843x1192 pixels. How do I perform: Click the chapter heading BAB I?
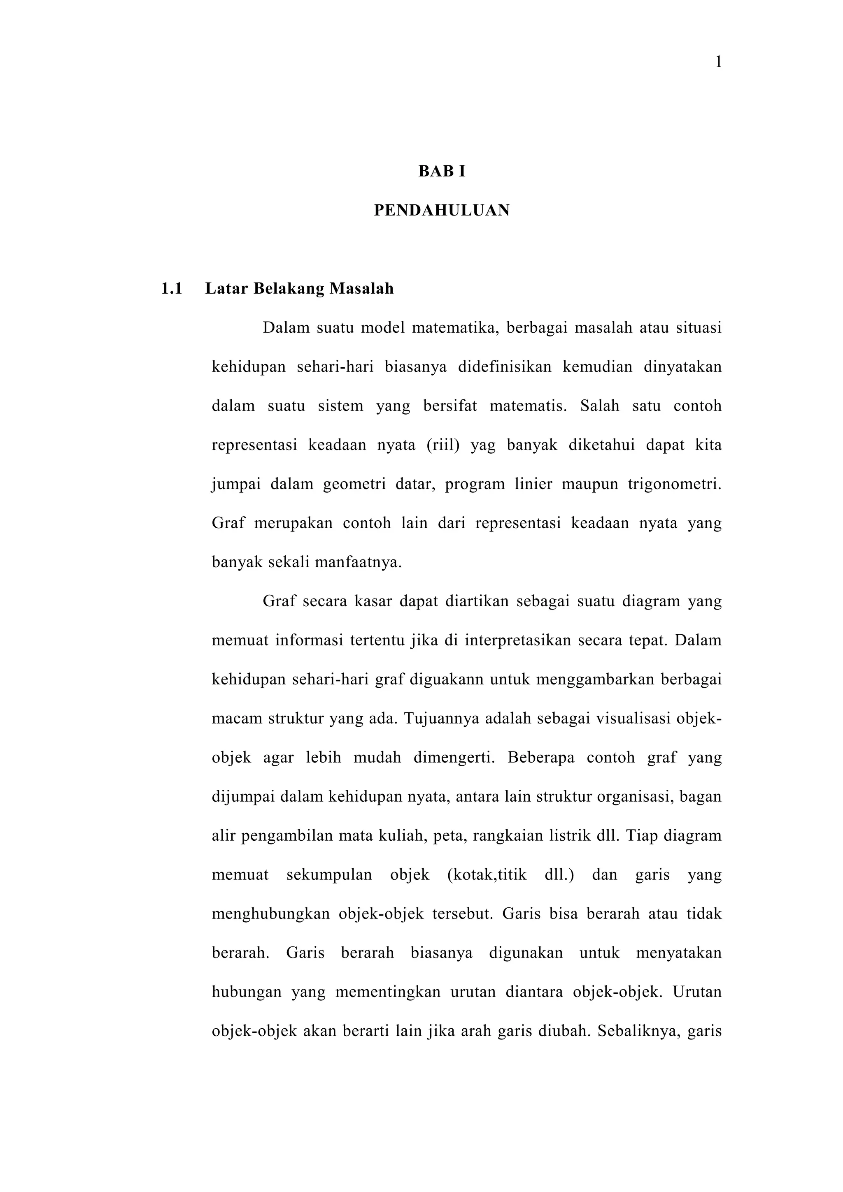[x=442, y=172]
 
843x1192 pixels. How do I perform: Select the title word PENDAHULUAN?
[x=442, y=210]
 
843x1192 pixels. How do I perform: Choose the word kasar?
[x=373, y=602]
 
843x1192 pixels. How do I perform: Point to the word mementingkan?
[x=388, y=992]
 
